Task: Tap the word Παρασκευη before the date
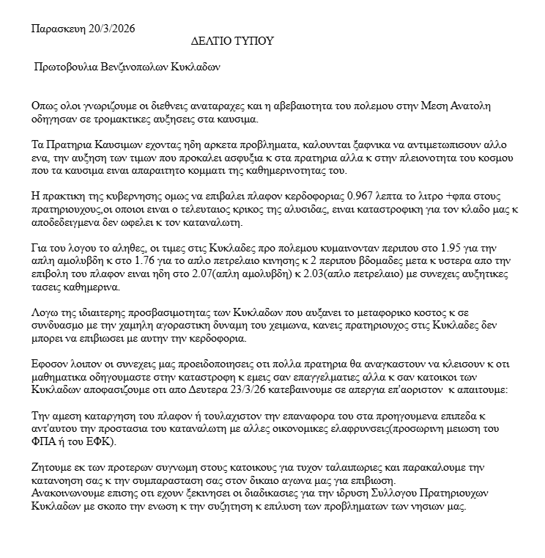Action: click(58, 29)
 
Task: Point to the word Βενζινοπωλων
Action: click(139, 66)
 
